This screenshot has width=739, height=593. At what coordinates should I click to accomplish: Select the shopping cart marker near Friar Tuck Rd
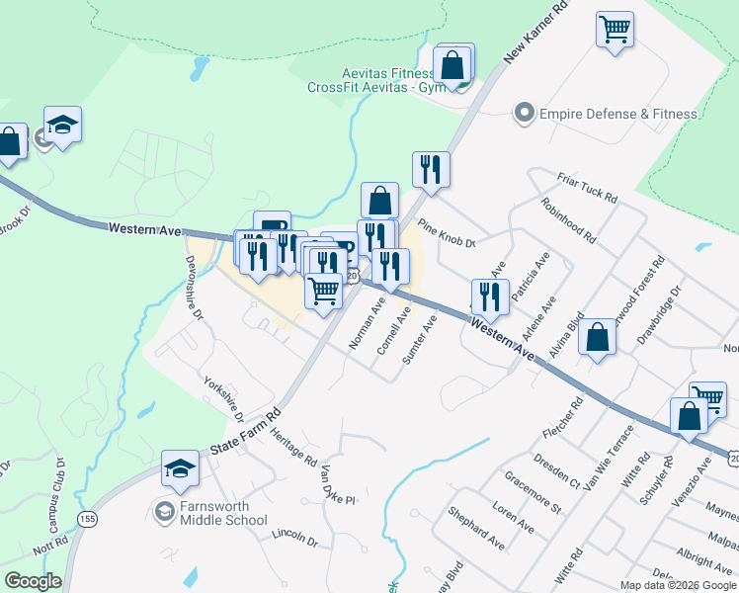pos(615,29)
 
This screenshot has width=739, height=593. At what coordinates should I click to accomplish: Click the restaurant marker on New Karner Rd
pos(431,169)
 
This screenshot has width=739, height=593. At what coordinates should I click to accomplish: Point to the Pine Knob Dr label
pos(447,234)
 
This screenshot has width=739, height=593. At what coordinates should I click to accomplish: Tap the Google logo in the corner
pos(34,581)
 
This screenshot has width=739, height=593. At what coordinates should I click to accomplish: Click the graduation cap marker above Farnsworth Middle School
pos(181,468)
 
